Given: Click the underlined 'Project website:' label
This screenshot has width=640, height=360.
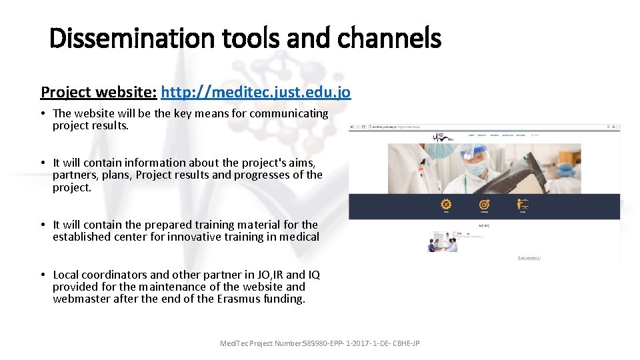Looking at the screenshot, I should click(99, 91).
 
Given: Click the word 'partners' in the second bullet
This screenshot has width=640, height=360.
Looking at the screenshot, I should click(72, 175).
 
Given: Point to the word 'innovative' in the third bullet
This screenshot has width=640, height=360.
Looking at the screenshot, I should click(204, 237).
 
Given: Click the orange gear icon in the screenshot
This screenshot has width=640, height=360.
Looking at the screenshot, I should click(446, 205).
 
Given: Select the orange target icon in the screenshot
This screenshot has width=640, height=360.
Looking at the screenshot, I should click(485, 205).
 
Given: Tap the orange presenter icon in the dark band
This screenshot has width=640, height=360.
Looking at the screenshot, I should click(523, 205).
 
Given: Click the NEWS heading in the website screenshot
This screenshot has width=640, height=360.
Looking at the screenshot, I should click(484, 225).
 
